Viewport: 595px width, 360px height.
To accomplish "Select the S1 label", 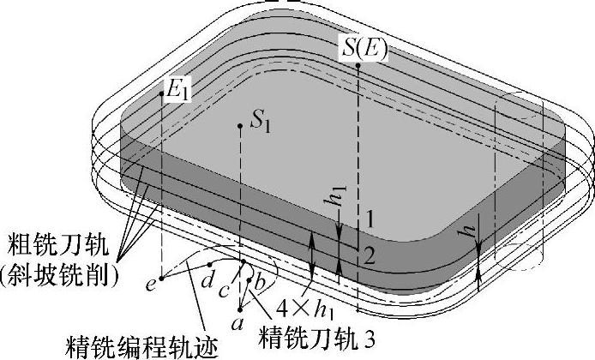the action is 261,123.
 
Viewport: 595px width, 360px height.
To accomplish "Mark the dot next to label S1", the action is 242,126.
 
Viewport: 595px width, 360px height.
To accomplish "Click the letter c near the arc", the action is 224,290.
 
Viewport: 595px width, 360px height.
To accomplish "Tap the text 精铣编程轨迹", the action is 142,347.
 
